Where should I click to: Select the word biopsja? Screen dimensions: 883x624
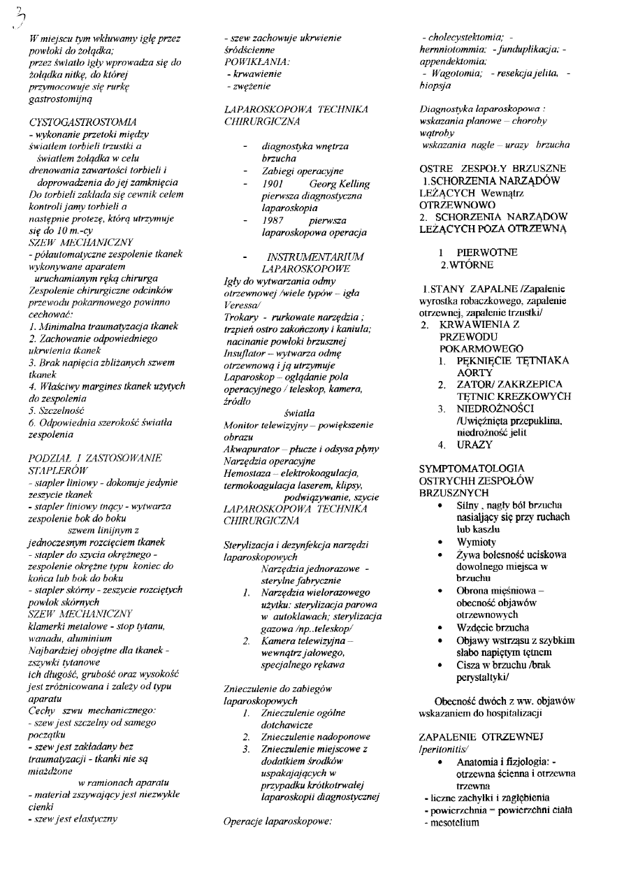tap(435, 85)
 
